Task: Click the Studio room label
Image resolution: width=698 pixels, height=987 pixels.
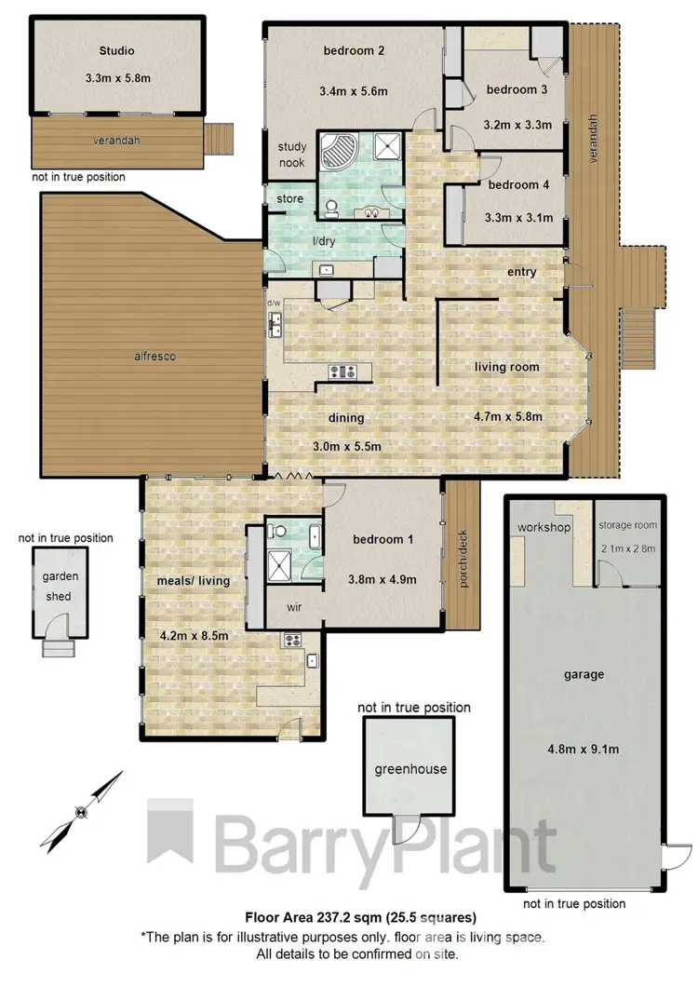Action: (x=116, y=50)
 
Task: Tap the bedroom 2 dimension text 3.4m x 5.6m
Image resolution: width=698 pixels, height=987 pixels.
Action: (x=355, y=91)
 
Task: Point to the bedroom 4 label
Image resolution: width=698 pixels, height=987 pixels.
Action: (x=518, y=185)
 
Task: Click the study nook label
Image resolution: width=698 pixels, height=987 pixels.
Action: (x=292, y=154)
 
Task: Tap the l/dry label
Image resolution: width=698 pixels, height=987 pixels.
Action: (x=324, y=241)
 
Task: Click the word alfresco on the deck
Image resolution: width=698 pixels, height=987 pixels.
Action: (x=154, y=356)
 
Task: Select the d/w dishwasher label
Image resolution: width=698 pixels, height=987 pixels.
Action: (x=274, y=304)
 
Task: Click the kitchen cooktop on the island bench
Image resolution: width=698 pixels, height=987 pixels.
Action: (x=342, y=372)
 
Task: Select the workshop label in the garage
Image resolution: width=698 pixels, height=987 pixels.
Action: (x=544, y=528)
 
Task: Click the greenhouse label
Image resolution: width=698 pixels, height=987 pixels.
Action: (x=410, y=769)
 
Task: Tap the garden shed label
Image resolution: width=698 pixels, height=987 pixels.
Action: (x=60, y=585)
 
